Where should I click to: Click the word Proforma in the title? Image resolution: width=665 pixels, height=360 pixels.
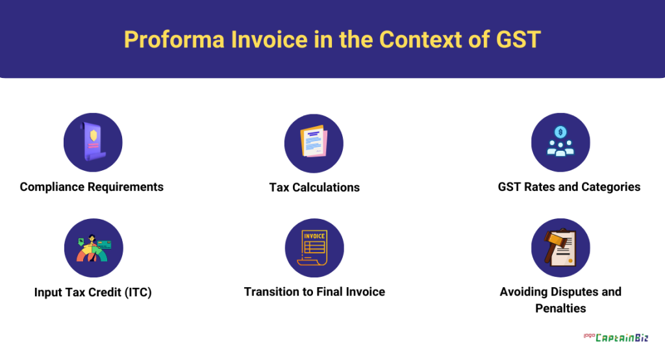[x=174, y=40]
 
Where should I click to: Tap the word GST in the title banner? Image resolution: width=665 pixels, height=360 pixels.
[x=518, y=40]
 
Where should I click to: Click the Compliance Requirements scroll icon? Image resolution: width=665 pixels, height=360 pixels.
[x=94, y=142]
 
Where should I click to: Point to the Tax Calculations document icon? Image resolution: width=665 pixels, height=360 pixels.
[x=314, y=142]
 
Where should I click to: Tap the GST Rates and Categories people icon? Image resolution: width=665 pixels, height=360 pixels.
[x=560, y=142]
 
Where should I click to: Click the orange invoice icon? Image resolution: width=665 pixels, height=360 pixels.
[x=314, y=248]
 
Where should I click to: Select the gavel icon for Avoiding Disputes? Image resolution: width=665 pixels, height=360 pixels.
[x=560, y=248]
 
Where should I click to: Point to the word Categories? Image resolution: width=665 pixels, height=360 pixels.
[x=610, y=187]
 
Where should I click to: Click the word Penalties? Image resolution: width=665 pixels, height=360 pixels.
[x=560, y=308]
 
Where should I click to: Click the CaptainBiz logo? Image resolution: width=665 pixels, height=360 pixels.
[x=616, y=337]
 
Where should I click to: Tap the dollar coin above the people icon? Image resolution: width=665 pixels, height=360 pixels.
[x=560, y=132]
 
